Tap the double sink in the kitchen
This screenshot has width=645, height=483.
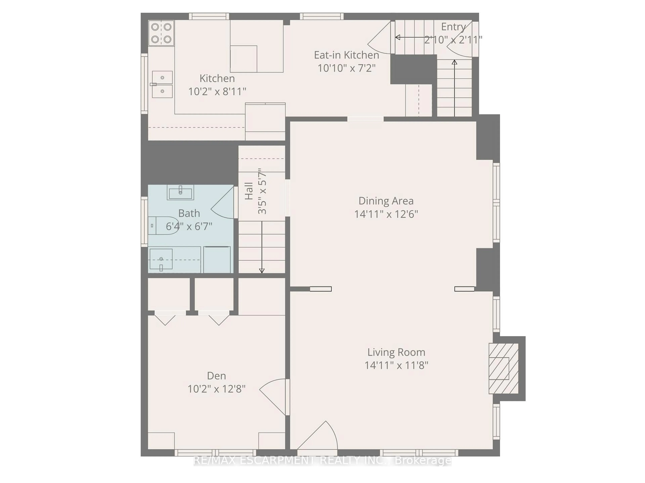(x=162, y=84)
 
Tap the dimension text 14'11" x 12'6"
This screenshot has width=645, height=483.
(x=386, y=214)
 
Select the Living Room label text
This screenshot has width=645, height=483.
(x=396, y=352)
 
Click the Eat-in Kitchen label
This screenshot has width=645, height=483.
(x=346, y=55)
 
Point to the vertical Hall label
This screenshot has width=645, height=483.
(x=249, y=191)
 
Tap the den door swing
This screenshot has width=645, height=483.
(x=273, y=395)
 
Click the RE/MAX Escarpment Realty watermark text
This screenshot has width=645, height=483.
(x=322, y=461)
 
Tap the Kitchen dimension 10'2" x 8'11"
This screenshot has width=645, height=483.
(x=217, y=92)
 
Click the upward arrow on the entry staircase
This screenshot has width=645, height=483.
(x=454, y=87)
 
